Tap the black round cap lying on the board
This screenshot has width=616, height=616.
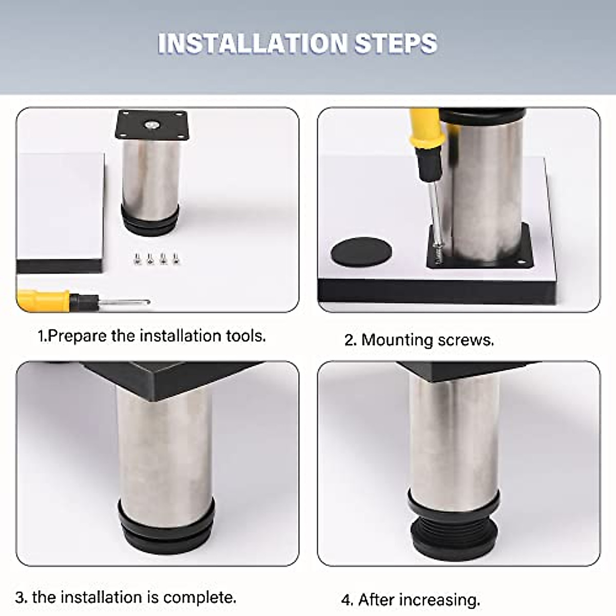[361, 251]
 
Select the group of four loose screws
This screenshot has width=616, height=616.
[156, 259]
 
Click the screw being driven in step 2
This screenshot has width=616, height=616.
[439, 253]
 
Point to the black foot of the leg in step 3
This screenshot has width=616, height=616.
[165, 529]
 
